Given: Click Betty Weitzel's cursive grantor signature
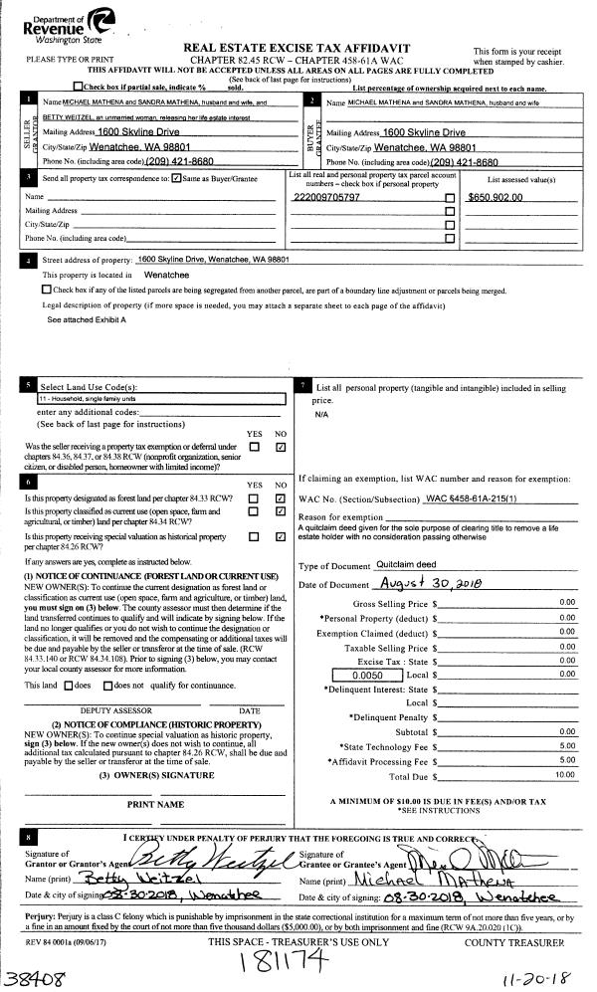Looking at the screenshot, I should [x=203, y=858].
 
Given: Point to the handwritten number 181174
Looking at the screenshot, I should [x=286, y=962].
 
